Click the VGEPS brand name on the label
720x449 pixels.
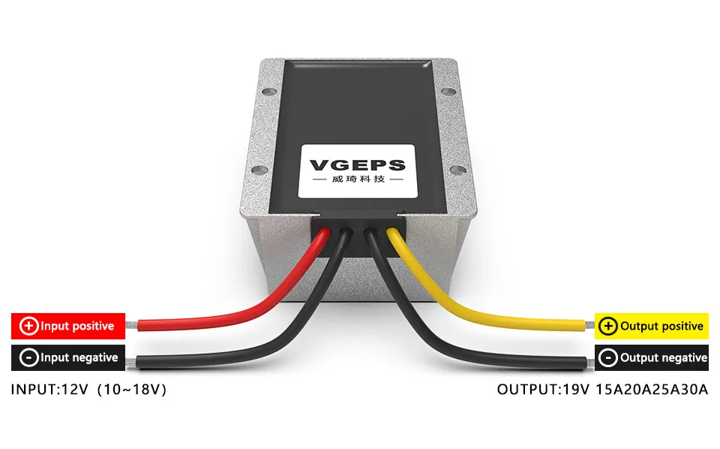click(357, 165)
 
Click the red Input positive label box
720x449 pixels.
click(67, 326)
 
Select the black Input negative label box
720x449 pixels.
click(67, 357)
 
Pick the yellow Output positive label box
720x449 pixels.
click(651, 326)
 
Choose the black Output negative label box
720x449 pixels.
click(651, 357)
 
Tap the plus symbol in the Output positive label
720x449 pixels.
click(608, 326)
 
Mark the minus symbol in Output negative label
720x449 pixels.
click(608, 357)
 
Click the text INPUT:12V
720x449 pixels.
click(48, 390)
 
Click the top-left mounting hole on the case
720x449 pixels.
click(267, 93)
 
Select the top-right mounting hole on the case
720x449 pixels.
click(448, 93)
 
